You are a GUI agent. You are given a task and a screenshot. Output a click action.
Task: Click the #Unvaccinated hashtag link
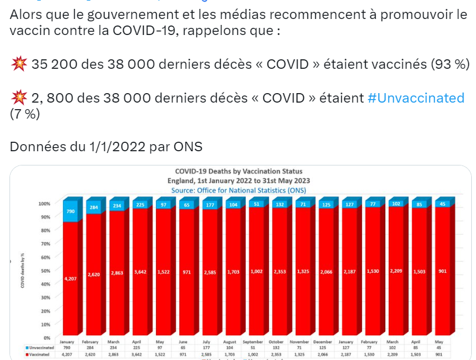tap(415, 98)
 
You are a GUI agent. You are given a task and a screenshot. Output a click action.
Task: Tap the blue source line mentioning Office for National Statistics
tap(239, 190)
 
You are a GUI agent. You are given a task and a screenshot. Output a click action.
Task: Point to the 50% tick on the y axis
tap(45, 271)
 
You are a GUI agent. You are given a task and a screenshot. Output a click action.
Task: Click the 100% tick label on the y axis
tap(44, 203)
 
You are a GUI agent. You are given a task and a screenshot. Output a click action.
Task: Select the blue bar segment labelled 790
tap(71, 211)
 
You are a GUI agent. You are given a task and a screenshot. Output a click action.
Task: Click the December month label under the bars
tap(323, 342)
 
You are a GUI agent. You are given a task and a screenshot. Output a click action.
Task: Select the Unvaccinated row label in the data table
tap(40, 348)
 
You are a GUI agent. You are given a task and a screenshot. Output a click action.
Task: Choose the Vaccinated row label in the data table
tap(40, 355)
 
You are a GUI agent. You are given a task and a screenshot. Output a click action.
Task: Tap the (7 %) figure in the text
tap(25, 114)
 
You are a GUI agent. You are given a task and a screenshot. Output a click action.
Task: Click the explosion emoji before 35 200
tap(18, 65)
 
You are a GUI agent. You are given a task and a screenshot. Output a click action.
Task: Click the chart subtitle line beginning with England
tap(239, 180)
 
